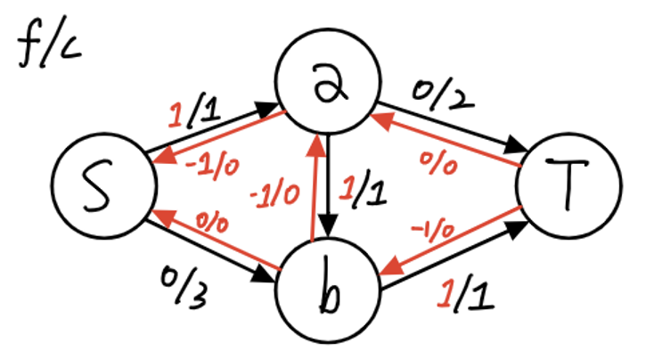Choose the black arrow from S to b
(x=209, y=251)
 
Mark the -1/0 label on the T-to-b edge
(x=435, y=229)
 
